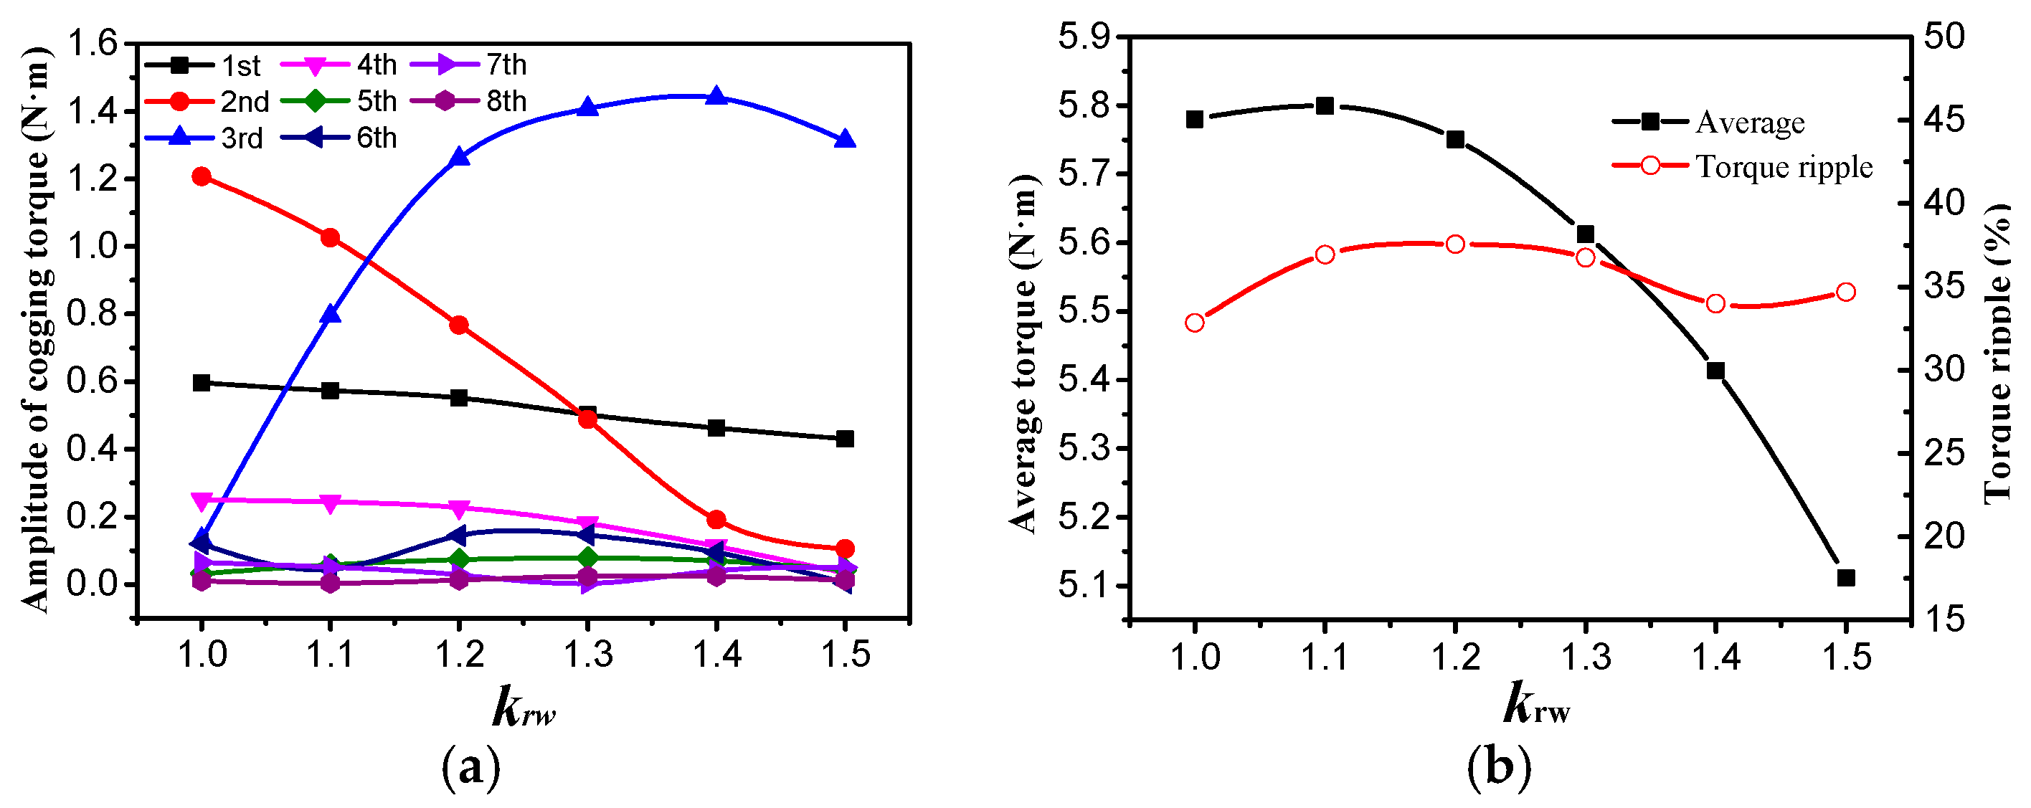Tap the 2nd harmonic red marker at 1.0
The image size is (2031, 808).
tap(201, 176)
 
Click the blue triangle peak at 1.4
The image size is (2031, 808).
tap(716, 96)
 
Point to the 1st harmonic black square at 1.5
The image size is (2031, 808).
tap(844, 438)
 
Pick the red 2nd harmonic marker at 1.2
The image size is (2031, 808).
tap(459, 325)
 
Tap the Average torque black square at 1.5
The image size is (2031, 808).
tap(1846, 578)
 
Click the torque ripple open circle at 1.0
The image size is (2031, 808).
tap(1195, 323)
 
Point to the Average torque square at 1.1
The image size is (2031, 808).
tap(1325, 105)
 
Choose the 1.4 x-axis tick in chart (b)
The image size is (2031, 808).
tap(1716, 656)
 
